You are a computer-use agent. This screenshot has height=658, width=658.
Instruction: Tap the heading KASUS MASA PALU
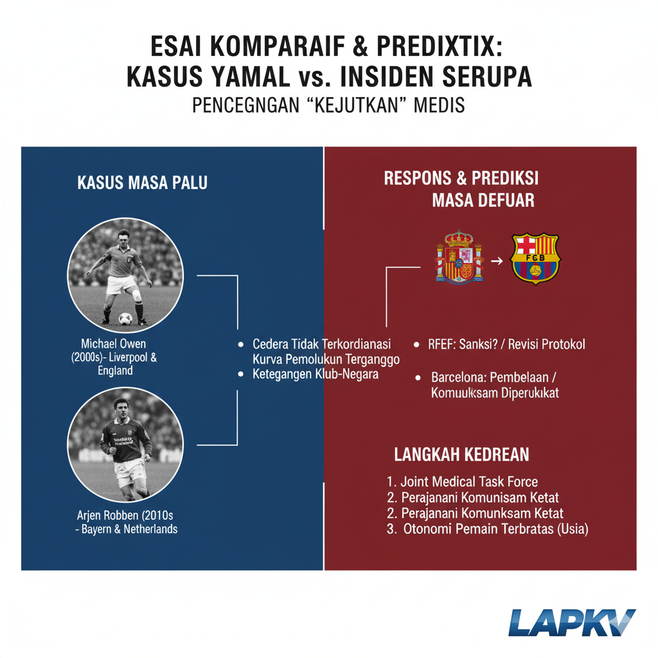pyautogui.click(x=142, y=183)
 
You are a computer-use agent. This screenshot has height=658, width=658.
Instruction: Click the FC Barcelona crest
pyautogui.click(x=535, y=258)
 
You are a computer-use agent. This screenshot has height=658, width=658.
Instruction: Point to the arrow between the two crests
pyautogui.click(x=496, y=262)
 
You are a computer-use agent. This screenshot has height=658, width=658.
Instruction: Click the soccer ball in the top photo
pyautogui.click(x=125, y=318)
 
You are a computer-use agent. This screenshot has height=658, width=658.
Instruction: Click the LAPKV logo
pyautogui.click(x=571, y=623)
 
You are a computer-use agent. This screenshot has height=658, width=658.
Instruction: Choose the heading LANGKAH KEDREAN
pyautogui.click(x=461, y=455)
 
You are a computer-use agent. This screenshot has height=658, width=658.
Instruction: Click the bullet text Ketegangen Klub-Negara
pyautogui.click(x=315, y=374)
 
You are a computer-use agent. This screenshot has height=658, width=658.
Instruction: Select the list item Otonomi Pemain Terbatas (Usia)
pyautogui.click(x=488, y=529)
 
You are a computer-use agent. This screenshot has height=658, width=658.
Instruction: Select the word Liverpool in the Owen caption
pyautogui.click(x=140, y=358)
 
